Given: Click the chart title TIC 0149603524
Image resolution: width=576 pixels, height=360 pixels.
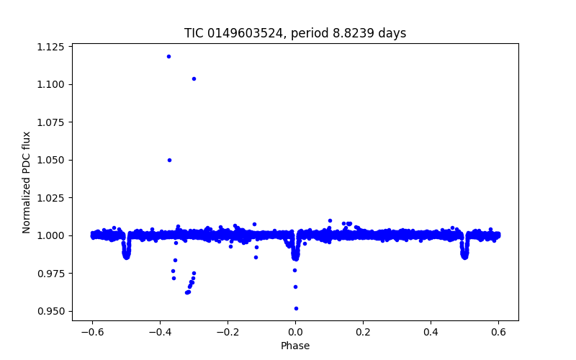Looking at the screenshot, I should tap(295, 33).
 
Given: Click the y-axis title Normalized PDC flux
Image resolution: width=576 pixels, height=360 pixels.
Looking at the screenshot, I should tap(27, 182).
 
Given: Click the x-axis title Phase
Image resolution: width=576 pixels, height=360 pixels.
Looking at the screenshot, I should tap(295, 346).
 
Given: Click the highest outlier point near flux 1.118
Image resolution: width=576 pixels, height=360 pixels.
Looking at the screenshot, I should tap(168, 56).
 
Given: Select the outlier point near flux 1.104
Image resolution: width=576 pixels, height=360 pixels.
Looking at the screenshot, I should tap(194, 78).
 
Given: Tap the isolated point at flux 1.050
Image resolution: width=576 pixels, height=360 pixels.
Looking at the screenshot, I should tap(169, 160).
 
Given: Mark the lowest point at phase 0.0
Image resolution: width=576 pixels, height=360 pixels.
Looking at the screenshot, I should tap(296, 308).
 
